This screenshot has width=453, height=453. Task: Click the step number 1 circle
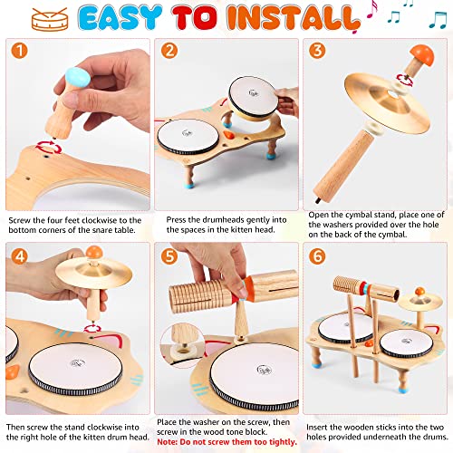coord(21,55)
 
